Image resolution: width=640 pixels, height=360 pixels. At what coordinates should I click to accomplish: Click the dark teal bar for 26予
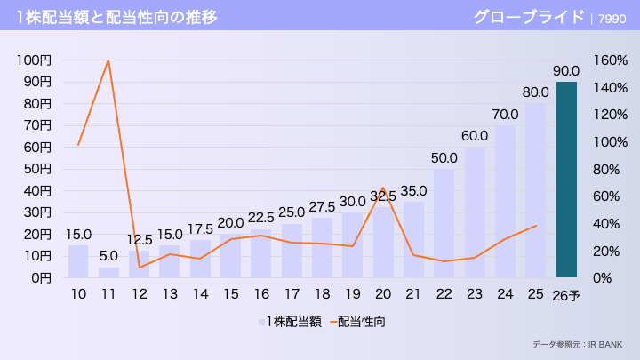pos(566,180)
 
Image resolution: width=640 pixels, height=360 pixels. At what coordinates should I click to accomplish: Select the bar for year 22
pos(444,222)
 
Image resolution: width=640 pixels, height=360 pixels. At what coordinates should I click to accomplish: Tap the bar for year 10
pos(78,261)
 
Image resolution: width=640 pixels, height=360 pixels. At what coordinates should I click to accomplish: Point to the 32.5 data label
pos(383,196)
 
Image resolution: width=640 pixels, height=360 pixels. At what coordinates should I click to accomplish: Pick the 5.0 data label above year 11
pos(108,256)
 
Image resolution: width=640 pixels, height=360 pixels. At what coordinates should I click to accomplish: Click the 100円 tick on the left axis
pos(34,60)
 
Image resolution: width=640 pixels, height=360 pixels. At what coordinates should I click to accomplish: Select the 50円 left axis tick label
pos(36,169)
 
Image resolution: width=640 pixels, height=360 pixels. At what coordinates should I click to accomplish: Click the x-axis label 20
pos(383,294)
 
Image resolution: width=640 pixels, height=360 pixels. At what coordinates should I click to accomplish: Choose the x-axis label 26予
pos(566,295)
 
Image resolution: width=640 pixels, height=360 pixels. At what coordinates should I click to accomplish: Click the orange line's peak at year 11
pos(108,60)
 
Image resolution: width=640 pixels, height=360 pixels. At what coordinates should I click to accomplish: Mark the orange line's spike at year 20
pos(383,188)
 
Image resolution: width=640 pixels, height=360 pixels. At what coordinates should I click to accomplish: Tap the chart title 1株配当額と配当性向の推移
pos(116,16)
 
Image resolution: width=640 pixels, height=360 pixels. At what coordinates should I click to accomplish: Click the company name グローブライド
pos(528,16)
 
